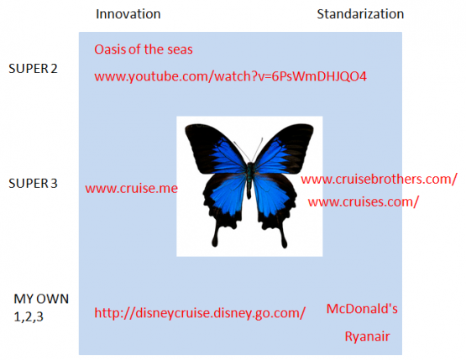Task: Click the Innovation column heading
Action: [128, 14]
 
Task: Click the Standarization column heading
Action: [360, 14]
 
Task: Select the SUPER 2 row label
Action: [33, 69]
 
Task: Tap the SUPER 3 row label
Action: [33, 183]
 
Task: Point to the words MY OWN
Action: [41, 299]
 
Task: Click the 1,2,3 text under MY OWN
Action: [29, 317]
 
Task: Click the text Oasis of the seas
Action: [144, 50]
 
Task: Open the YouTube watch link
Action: [231, 76]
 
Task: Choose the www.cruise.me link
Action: [131, 189]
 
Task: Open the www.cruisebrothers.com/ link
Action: [379, 180]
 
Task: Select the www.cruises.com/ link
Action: [364, 202]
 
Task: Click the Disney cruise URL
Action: [200, 313]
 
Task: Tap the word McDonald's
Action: [362, 309]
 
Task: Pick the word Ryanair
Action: [367, 337]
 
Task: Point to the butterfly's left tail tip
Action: [215, 244]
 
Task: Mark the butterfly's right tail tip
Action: [285, 245]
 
